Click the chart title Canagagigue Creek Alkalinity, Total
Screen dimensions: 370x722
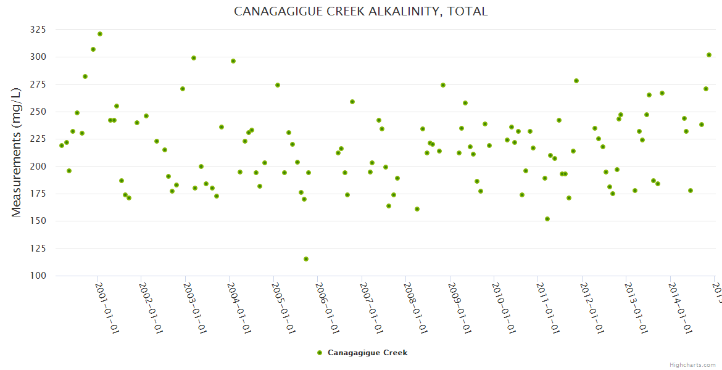[x=361, y=12]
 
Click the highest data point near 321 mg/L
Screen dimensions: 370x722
[x=100, y=34]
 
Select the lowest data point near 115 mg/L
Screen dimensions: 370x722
[x=306, y=259]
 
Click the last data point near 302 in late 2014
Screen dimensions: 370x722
[x=709, y=55]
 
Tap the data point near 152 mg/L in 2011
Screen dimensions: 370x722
[x=547, y=219]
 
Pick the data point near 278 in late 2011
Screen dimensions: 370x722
[x=576, y=81]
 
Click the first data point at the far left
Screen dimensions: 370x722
[x=62, y=146]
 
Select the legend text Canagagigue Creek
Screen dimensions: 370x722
[x=367, y=353]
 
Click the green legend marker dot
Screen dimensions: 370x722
[x=320, y=353]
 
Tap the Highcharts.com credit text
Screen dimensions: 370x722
[x=693, y=364]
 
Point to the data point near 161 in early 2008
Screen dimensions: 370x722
[x=417, y=209]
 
